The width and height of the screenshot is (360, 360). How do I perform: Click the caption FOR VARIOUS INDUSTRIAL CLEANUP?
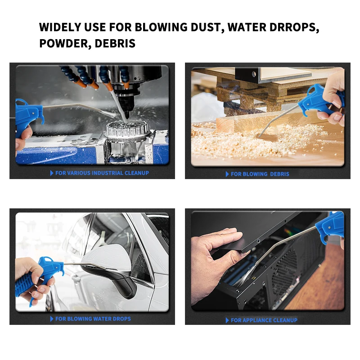tap(102, 173)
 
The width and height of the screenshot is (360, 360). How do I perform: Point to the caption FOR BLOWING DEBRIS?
tap(260, 174)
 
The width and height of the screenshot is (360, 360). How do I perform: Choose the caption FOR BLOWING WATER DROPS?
tap(93, 319)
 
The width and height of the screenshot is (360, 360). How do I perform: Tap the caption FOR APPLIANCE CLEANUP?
tap(264, 320)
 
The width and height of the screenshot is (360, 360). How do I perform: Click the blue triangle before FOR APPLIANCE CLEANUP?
tap(227, 320)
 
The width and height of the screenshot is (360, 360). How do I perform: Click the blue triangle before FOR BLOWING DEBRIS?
tap(227, 174)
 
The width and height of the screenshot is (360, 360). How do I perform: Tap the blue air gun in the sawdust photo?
tap(322, 101)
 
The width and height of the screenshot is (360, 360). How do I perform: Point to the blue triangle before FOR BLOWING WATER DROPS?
tap(52, 319)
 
